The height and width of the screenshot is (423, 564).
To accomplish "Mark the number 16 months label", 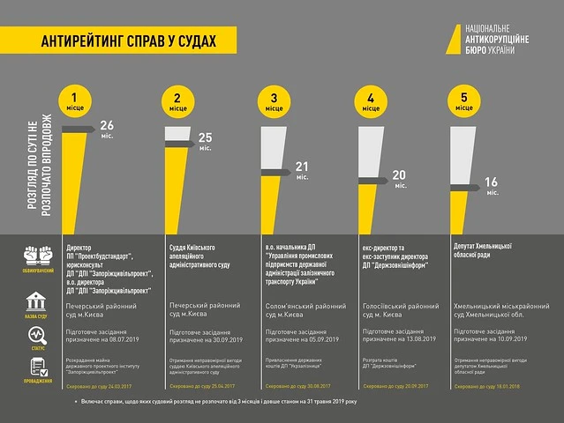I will click(x=492, y=182).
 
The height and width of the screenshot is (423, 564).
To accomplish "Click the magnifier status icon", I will click(x=36, y=336).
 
